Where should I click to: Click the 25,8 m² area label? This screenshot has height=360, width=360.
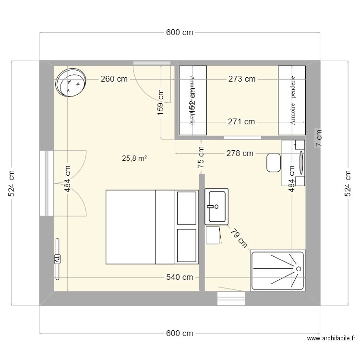click(x=135, y=158)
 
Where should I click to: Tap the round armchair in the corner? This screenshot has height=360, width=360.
click(x=71, y=83)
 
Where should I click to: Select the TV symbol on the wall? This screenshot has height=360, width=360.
click(x=57, y=259)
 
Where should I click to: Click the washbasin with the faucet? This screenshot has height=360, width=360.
click(x=217, y=206)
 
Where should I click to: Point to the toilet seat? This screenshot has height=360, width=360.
click(x=274, y=163)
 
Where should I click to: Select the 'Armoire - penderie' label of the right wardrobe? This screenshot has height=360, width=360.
click(x=292, y=101)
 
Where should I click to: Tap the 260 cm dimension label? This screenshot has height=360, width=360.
click(x=114, y=79)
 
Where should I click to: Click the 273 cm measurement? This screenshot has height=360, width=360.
click(x=241, y=79)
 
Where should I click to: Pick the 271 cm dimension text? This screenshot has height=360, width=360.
click(x=241, y=122)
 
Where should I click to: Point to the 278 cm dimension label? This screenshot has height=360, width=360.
click(x=240, y=154)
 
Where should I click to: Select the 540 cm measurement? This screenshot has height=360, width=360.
click(x=180, y=277)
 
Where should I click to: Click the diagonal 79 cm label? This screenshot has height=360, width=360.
click(x=238, y=238)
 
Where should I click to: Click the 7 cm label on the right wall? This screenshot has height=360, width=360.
click(x=319, y=138)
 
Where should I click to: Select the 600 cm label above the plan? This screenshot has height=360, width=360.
click(x=180, y=33)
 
